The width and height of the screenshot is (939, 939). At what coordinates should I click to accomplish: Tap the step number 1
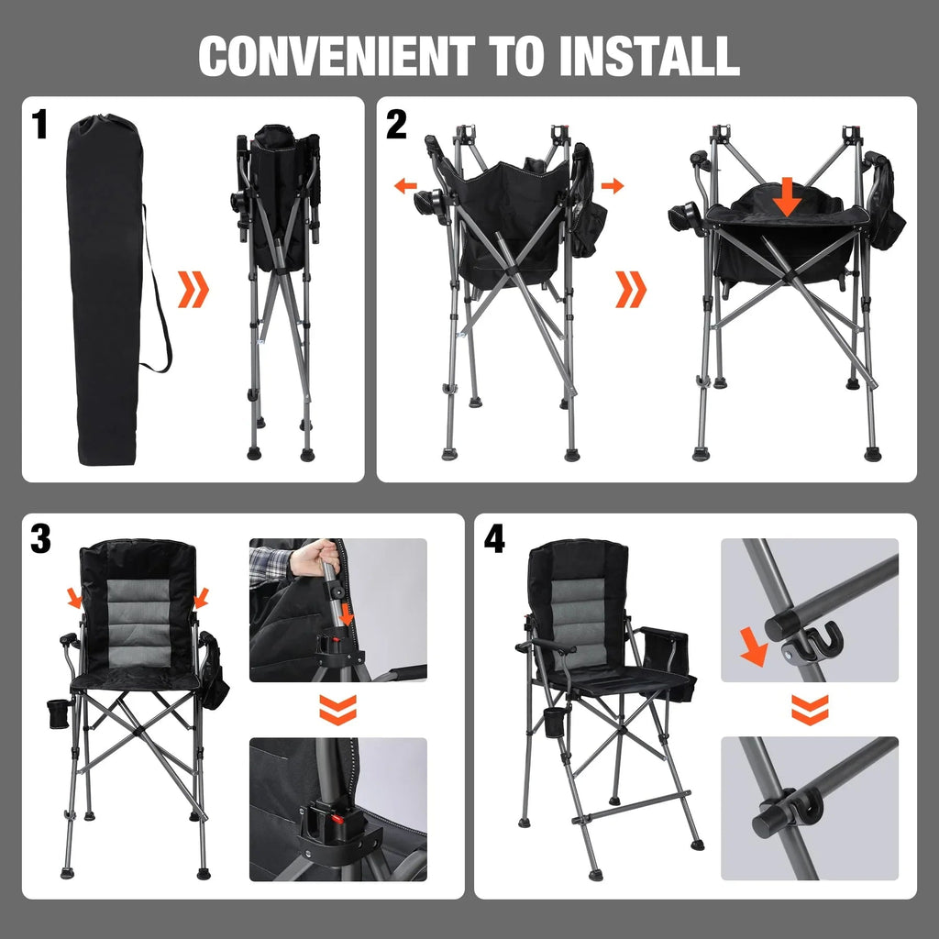pos(39,126)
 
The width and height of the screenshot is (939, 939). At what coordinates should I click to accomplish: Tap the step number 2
pos(395,126)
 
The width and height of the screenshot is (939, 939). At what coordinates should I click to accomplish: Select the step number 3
pos(40,540)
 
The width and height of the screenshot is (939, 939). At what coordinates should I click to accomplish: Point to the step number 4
pos(493,540)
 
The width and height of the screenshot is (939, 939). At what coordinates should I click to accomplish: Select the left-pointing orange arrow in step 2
pos(404,186)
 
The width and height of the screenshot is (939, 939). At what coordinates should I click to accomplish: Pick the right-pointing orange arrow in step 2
pos(613,186)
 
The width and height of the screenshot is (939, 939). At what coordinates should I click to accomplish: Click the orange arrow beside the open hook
pos(754,649)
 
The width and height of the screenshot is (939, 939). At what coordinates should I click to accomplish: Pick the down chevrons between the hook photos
pos(810,707)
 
